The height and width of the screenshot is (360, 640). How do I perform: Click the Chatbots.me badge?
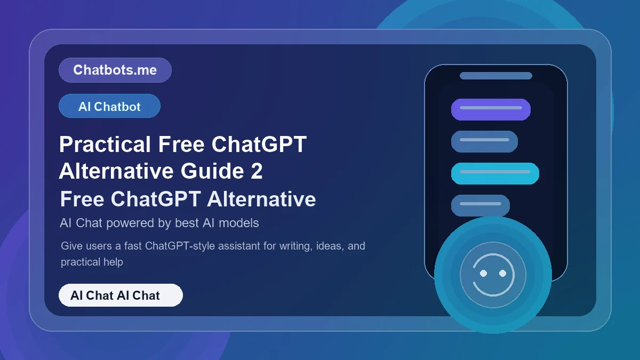click(115, 70)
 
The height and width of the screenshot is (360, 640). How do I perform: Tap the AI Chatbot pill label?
click(109, 106)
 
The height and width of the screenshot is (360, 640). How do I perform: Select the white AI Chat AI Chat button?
click(121, 295)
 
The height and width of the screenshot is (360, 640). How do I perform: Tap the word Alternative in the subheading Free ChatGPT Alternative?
click(261, 199)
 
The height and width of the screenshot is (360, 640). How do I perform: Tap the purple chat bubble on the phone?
click(491, 109)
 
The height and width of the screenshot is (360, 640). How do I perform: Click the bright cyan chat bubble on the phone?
click(495, 173)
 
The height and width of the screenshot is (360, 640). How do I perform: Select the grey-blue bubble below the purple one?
click(484, 141)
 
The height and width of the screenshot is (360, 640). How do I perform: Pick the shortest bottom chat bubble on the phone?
click(480, 205)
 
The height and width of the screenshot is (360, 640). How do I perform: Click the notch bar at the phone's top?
click(496, 76)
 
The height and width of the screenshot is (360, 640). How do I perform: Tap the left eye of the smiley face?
click(484, 273)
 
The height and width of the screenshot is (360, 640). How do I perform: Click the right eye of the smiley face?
click(502, 273)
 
